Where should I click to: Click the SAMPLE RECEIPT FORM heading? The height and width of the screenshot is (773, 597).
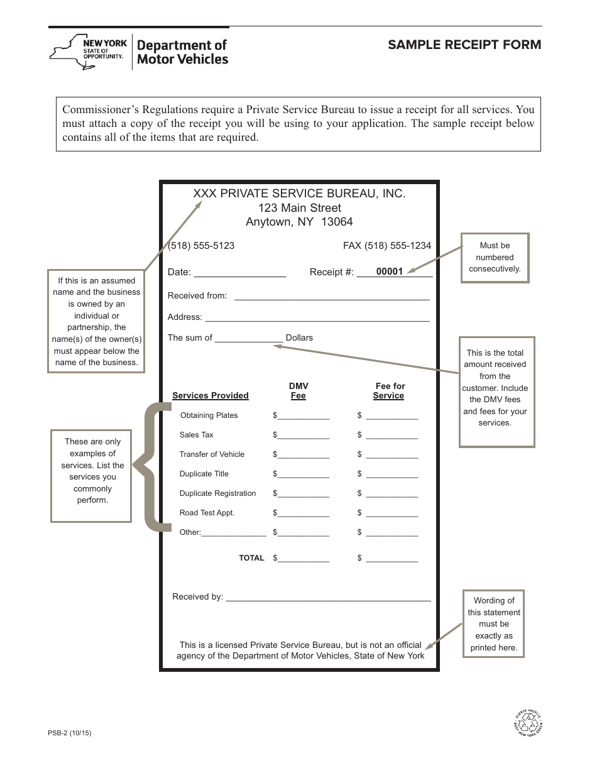click(464, 45)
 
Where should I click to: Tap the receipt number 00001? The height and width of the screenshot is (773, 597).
click(389, 272)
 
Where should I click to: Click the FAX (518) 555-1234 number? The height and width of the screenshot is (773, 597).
click(386, 246)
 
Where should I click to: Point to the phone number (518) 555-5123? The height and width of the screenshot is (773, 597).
click(201, 246)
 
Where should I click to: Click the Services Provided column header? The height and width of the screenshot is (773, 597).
click(211, 396)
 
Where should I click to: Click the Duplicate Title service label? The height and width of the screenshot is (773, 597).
click(204, 474)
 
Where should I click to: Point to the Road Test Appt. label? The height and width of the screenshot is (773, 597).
click(207, 513)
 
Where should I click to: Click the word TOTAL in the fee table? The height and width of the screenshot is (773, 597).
click(251, 558)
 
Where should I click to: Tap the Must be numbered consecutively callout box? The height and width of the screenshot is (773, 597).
click(495, 257)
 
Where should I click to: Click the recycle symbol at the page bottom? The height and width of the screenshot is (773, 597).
click(527, 724)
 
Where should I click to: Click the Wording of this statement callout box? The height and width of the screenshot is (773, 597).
click(494, 623)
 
